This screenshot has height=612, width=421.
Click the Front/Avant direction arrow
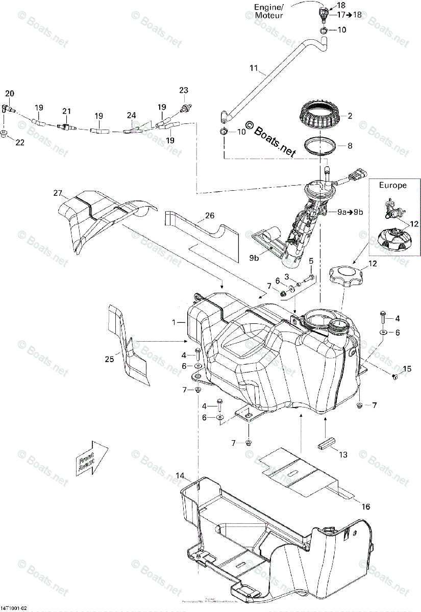92,460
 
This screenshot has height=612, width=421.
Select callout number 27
57,193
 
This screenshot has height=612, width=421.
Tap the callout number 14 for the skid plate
180,475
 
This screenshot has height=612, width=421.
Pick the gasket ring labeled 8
323,147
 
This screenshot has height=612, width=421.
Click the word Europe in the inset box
392,185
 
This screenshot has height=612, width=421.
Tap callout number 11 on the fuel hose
254,67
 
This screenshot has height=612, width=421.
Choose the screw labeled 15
394,376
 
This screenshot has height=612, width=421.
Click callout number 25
108,359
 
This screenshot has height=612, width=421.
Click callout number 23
184,90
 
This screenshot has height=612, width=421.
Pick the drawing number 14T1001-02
15,607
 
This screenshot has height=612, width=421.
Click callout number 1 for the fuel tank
174,322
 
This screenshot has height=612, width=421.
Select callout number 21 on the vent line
66,111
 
